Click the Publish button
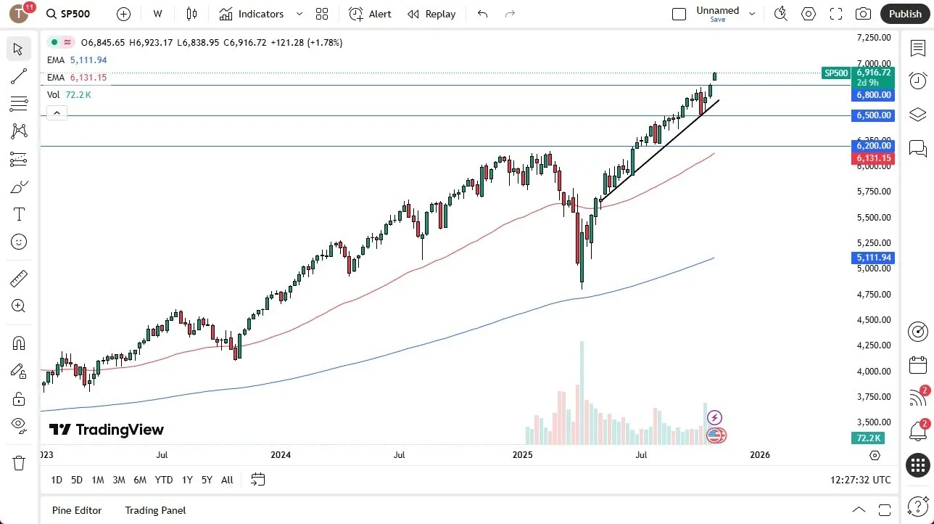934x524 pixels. [x=904, y=14]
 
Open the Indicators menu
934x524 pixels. [x=252, y=14]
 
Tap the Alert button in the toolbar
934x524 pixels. [x=370, y=14]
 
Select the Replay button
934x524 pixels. [x=431, y=14]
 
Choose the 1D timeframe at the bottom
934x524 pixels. [x=57, y=480]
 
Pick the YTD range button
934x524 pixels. [x=164, y=480]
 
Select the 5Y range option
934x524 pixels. [x=207, y=480]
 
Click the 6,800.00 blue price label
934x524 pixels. [x=873, y=95]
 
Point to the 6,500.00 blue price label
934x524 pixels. [x=873, y=115]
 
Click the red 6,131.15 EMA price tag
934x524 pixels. [x=873, y=158]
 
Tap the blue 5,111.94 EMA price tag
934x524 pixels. [x=873, y=258]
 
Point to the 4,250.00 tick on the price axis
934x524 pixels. [x=873, y=345]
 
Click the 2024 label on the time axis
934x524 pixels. [x=281, y=455]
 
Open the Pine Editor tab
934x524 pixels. [x=77, y=510]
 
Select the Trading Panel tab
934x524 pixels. [x=155, y=510]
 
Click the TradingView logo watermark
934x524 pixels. [x=107, y=430]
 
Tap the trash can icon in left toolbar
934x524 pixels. [x=18, y=462]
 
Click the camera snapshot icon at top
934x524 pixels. [x=863, y=14]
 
